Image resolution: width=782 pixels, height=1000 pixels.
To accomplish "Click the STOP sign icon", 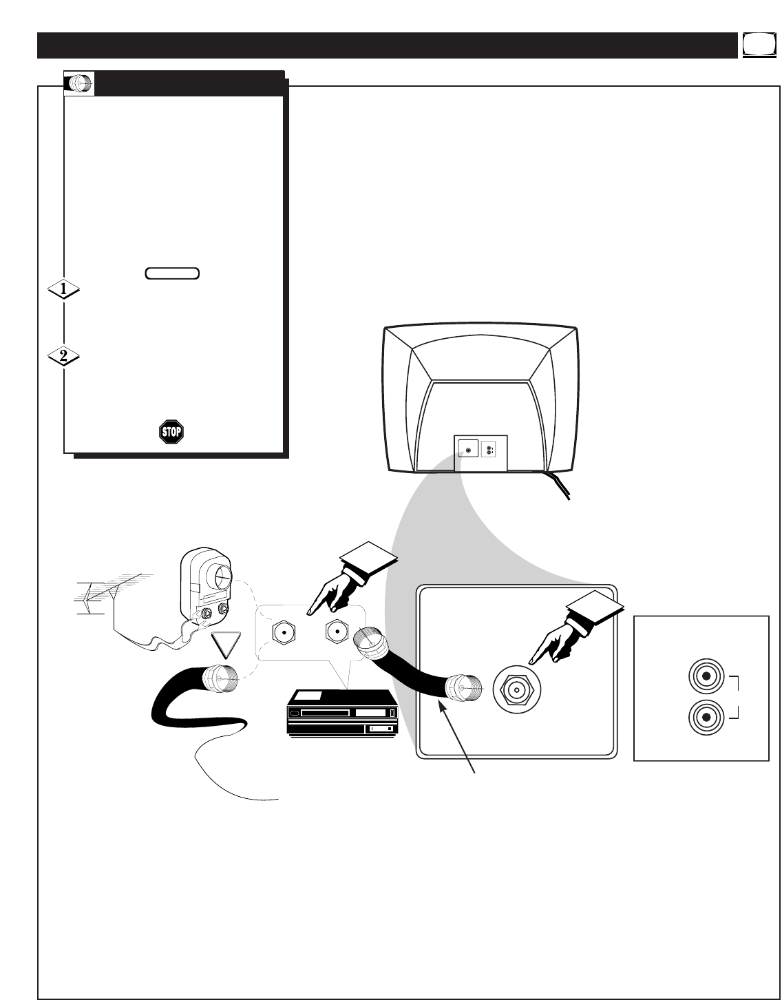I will point(171,432).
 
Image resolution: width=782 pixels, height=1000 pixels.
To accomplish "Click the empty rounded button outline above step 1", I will point(172,273).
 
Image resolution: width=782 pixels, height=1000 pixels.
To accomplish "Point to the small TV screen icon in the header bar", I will point(756,45).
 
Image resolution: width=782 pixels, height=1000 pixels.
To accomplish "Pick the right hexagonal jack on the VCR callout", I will point(336,630).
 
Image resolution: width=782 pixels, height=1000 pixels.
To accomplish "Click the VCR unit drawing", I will point(342,720).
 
